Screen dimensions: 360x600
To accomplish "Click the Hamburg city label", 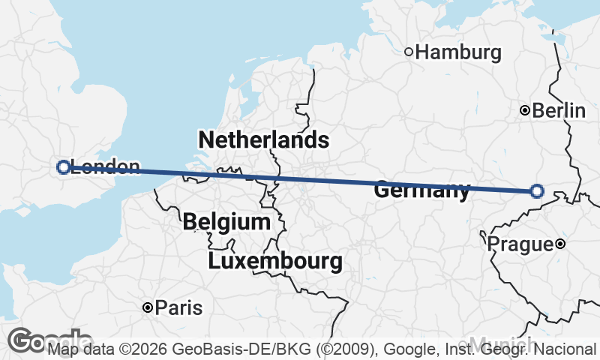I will (457, 52).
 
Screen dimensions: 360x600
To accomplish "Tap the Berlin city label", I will (559, 111).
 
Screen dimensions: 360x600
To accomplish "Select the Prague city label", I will (520, 244).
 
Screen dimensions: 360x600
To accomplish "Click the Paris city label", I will (178, 307).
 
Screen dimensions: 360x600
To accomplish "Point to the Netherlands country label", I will (263, 139).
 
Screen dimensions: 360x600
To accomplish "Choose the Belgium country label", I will (226, 222).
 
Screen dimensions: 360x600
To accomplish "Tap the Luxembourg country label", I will (275, 262).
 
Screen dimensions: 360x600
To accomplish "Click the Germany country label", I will (421, 191).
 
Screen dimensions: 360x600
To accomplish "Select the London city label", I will (104, 167).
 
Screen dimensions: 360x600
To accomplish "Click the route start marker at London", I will (63, 167).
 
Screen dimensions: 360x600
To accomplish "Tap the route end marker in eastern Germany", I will (537, 191).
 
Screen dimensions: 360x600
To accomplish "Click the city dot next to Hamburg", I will (409, 52).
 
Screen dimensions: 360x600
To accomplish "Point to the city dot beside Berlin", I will (526, 111).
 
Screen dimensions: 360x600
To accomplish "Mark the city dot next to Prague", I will (560, 244).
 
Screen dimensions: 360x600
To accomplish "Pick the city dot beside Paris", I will (148, 307).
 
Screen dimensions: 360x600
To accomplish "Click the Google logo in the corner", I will (45, 341).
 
